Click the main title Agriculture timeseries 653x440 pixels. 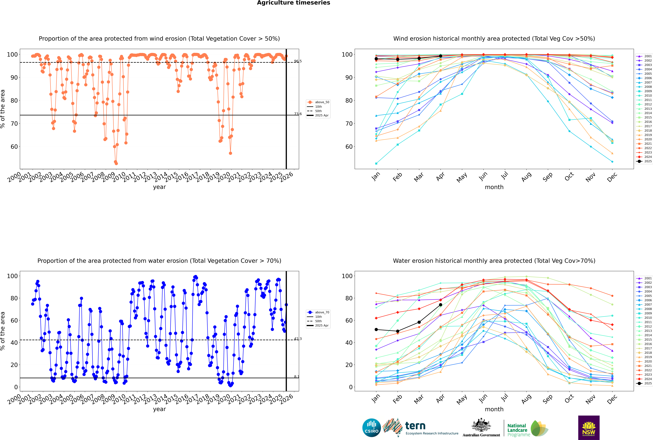(293, 3)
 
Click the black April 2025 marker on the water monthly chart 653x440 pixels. (441, 305)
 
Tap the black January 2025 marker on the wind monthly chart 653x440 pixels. (376, 59)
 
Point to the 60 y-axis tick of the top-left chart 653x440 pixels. (14, 147)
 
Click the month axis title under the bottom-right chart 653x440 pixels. (494, 409)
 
